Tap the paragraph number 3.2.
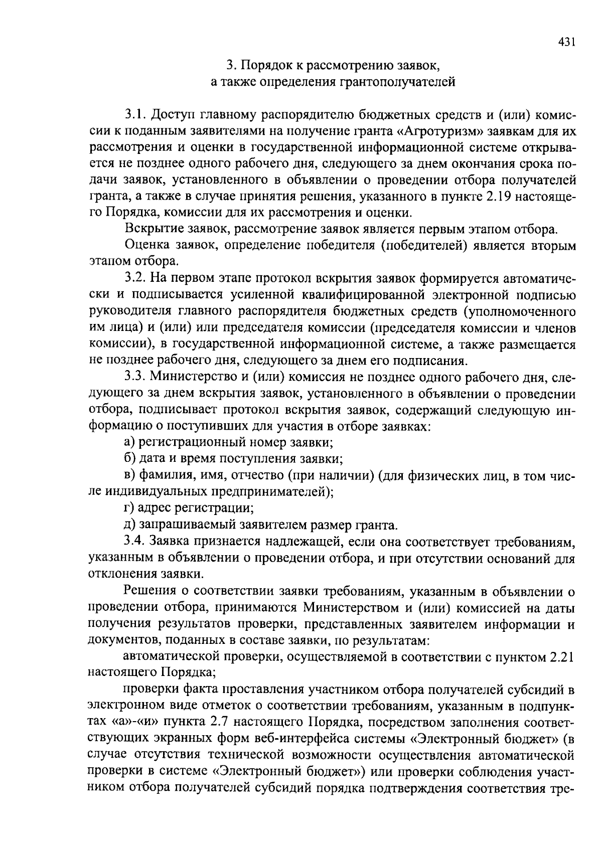(135, 278)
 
